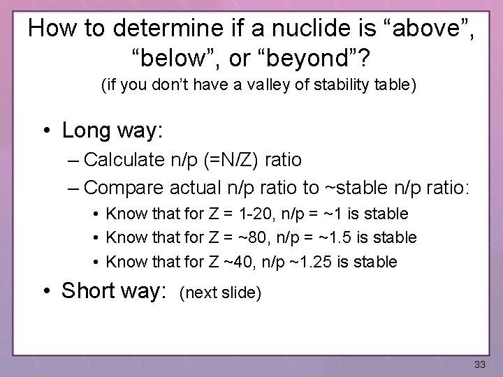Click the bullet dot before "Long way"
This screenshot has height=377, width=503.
point(49,131)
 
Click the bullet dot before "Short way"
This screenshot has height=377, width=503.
point(49,290)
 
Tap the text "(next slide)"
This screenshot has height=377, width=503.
point(220,293)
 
